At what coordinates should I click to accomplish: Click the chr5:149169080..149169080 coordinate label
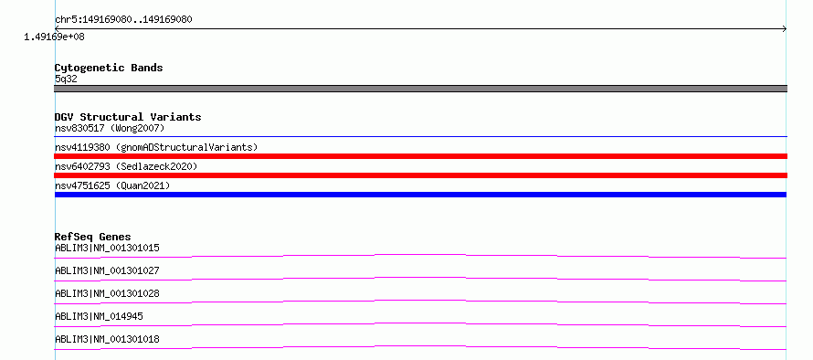[x=123, y=20]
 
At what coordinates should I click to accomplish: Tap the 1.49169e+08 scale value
[x=54, y=37]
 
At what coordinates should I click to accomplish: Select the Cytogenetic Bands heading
[x=109, y=68]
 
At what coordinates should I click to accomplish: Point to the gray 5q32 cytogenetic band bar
[x=420, y=89]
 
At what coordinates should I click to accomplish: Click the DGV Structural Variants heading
[x=128, y=117]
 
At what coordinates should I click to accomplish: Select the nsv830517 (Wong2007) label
[x=110, y=128]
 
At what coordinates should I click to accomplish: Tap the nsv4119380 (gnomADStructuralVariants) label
[x=156, y=147]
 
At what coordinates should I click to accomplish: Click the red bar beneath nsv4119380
[x=420, y=156]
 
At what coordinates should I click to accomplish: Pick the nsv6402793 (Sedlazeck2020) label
[x=126, y=166]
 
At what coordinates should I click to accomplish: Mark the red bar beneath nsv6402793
[x=420, y=175]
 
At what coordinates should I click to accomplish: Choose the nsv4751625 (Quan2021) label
[x=112, y=185]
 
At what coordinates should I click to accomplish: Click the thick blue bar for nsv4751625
[x=420, y=195]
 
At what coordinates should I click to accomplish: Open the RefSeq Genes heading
[x=93, y=237]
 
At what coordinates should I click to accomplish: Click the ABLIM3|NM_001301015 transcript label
[x=107, y=248]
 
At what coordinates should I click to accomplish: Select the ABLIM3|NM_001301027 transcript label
[x=107, y=270]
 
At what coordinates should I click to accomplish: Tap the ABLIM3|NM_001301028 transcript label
[x=107, y=293]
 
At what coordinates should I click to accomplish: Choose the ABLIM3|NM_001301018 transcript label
[x=107, y=339]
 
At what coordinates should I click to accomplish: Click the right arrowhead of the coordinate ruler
[x=786, y=29]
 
